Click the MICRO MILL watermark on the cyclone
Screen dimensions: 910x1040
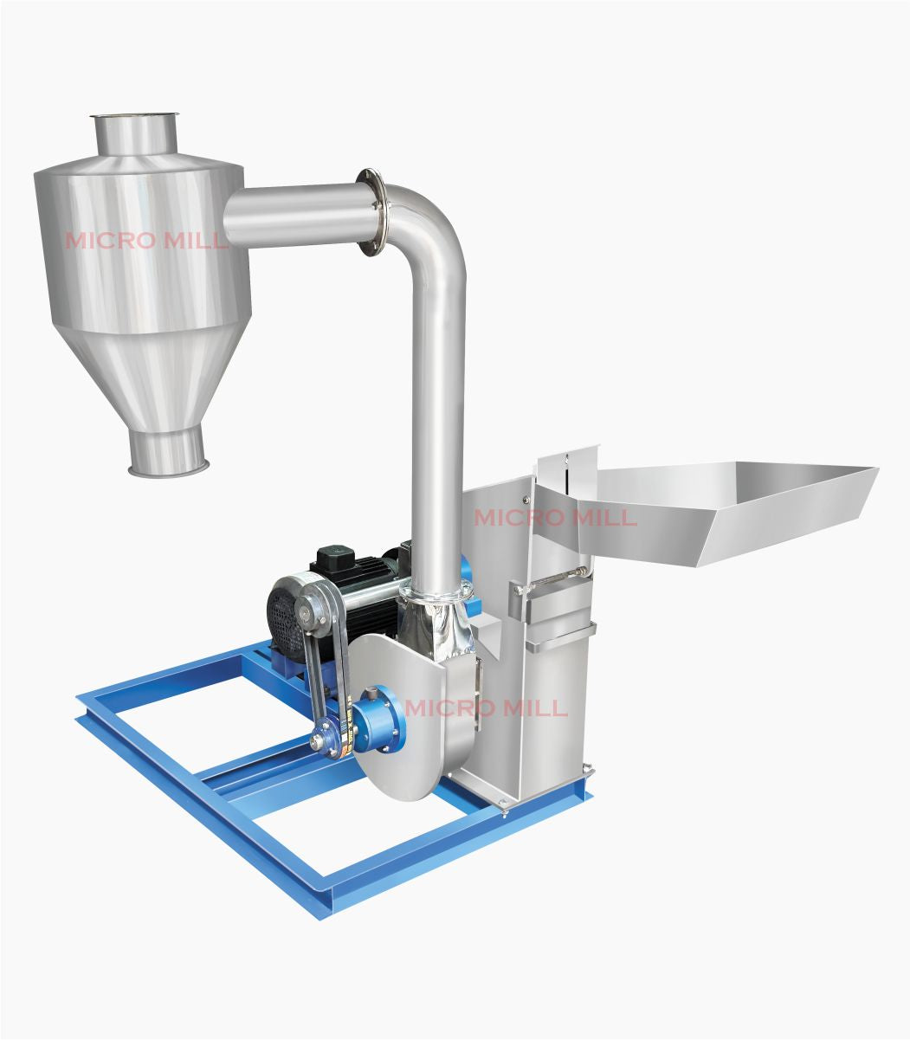tap(147, 240)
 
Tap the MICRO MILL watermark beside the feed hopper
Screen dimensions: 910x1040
tap(555, 518)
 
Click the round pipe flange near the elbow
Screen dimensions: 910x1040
tap(371, 213)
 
